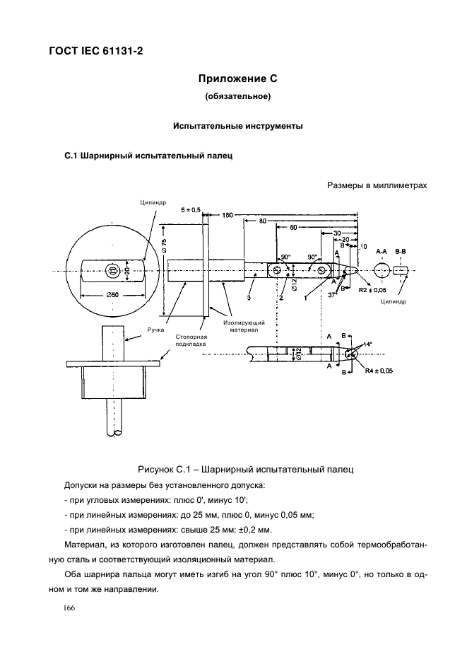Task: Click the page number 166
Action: click(x=69, y=608)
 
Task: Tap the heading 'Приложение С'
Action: click(x=237, y=79)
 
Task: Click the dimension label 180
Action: click(x=227, y=215)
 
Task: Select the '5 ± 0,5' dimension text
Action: click(x=191, y=210)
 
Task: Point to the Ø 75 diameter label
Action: click(x=165, y=245)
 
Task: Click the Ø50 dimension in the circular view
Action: click(x=112, y=295)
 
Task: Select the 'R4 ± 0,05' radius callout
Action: click(x=379, y=371)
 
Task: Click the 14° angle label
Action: click(x=368, y=344)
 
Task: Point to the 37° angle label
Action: click(x=333, y=295)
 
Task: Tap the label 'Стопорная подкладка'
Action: click(x=191, y=340)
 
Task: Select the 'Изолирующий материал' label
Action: click(x=244, y=326)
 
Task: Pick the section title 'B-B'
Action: click(x=401, y=251)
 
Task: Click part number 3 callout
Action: click(x=249, y=298)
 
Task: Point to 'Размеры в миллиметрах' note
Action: click(x=377, y=185)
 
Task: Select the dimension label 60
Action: click(x=293, y=227)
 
